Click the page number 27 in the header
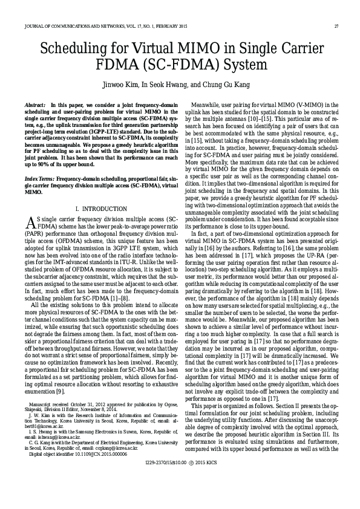point(336,27)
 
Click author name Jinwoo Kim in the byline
point(120,84)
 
